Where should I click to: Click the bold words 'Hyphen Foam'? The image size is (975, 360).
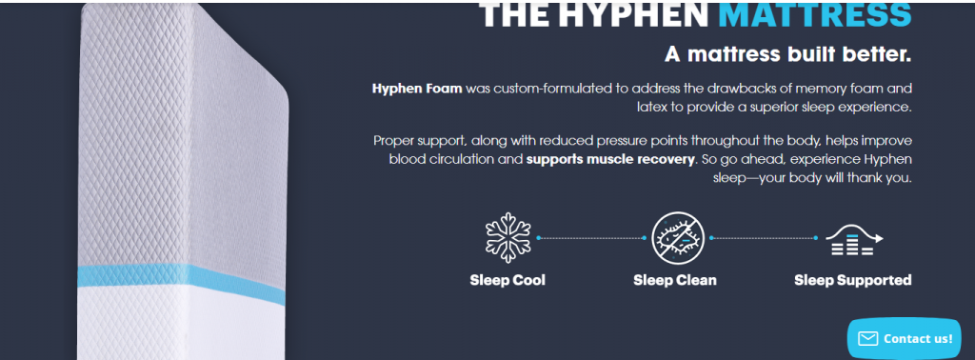point(417,89)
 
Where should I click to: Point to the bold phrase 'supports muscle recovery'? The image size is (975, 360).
point(609,158)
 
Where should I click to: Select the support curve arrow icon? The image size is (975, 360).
point(853,240)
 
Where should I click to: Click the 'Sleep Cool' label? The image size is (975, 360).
point(507,280)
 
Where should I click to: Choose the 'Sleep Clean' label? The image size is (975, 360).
point(674,280)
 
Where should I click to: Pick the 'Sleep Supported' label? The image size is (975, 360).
point(853,280)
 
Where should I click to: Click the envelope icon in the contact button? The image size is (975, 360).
point(867,338)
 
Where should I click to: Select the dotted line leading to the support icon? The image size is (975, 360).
point(762,237)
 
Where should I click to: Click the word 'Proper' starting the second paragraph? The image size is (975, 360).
point(394,141)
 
